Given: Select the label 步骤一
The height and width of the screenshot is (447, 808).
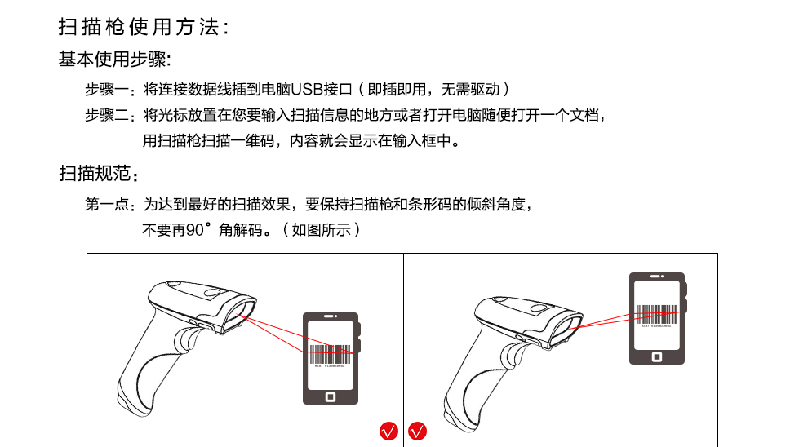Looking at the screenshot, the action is pyautogui.click(x=107, y=90).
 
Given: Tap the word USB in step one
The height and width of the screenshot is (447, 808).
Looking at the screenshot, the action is pyautogui.click(x=307, y=90).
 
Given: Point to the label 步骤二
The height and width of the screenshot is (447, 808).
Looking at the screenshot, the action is pyautogui.click(x=107, y=115).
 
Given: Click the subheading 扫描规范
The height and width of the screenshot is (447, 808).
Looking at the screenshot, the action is pyautogui.click(x=95, y=174).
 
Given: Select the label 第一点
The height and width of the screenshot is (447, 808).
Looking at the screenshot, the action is pyautogui.click(x=107, y=205).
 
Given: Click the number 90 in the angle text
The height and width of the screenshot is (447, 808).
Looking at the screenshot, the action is pyautogui.click(x=195, y=230).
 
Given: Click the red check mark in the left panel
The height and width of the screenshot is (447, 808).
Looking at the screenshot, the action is pyautogui.click(x=389, y=431).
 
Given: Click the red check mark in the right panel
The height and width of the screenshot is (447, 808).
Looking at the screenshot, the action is pyautogui.click(x=417, y=431).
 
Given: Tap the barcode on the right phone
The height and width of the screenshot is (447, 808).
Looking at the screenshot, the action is pyautogui.click(x=656, y=314).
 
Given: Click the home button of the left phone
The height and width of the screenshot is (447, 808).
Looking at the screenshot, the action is pyautogui.click(x=331, y=396).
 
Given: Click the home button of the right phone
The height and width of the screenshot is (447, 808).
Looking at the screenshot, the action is pyautogui.click(x=657, y=356).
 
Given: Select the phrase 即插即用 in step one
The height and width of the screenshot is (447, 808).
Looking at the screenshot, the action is pyautogui.click(x=397, y=90).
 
